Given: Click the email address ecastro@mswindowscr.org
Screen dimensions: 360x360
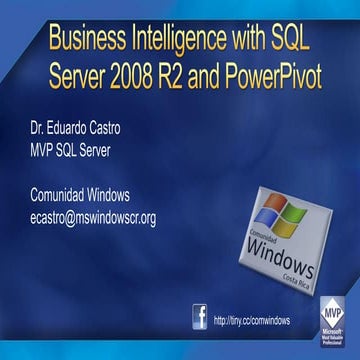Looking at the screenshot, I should point(92,216).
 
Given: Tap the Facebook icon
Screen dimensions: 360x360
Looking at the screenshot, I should point(200,318).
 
